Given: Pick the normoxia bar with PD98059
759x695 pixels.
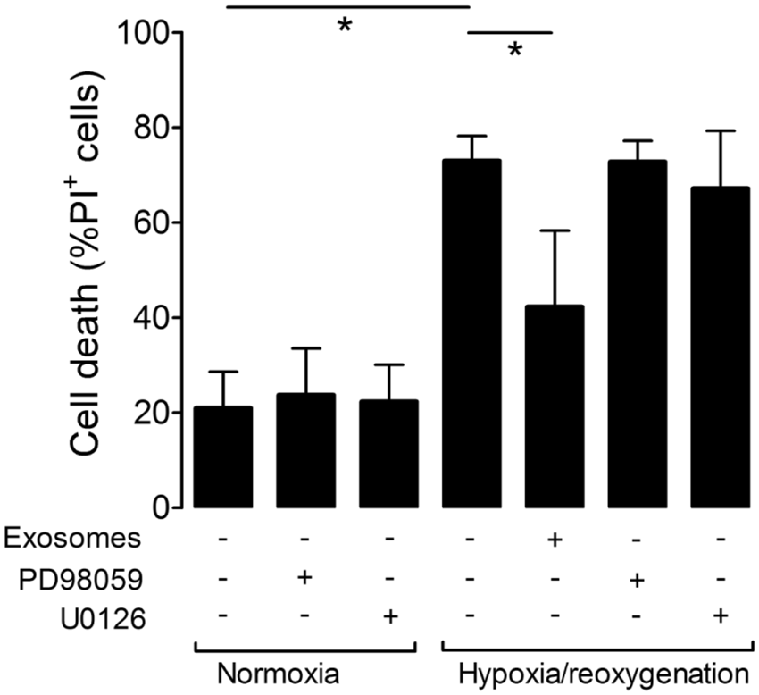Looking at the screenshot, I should click(304, 450).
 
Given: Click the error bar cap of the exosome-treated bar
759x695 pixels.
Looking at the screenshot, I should click(554, 230).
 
